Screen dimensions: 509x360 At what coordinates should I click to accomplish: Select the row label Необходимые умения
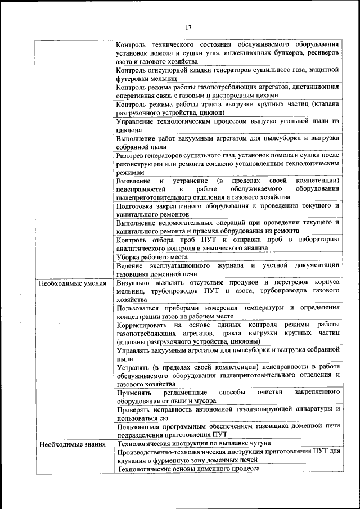tap(73, 283)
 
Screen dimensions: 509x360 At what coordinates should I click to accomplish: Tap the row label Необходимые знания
tap(71, 444)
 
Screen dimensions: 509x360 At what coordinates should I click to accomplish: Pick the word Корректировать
tap(143, 325)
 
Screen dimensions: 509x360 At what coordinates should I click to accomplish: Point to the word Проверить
tap(136, 409)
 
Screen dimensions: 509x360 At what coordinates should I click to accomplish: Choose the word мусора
tap(205, 400)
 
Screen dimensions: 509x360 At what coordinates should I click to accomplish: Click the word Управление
tap(137, 121)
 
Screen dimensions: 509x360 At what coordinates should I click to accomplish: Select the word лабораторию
tap(314, 240)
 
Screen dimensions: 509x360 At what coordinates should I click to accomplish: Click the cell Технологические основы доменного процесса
tap(188, 468)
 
